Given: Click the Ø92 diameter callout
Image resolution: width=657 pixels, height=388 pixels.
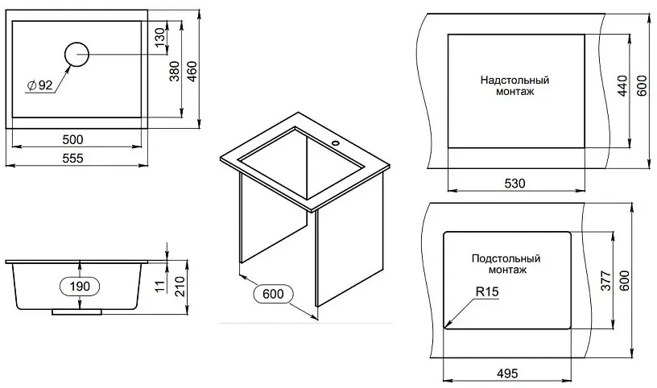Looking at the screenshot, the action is pos(40,85).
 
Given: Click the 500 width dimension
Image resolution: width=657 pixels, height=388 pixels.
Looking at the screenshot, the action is pos(73,139).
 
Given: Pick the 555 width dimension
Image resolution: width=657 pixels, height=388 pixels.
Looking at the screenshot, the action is pos(73,159).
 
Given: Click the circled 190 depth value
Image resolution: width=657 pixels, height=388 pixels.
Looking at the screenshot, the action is pos(80,287).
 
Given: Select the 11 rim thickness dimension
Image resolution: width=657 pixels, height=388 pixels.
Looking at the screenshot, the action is pos(160,286).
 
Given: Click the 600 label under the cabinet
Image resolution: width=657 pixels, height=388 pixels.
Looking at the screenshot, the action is pos(273,294).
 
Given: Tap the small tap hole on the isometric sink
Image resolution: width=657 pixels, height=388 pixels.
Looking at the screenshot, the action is pos(335,142).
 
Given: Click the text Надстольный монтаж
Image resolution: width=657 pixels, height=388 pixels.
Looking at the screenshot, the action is pos(514,85).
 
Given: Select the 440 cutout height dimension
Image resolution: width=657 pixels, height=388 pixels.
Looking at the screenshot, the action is pos(622,86).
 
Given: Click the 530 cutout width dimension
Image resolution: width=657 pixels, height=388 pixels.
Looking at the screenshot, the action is pos(515,184).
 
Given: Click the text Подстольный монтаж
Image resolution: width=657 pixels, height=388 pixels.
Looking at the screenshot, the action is pos(506,264).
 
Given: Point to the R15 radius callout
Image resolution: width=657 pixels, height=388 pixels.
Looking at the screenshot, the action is pos(488,291).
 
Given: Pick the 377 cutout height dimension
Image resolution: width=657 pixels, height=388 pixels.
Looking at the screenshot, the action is pos(606,281).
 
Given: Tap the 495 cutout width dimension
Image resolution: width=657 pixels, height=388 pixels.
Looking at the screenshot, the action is pos(507,373).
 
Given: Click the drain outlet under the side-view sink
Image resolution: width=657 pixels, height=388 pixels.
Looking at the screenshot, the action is pos(76,312).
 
